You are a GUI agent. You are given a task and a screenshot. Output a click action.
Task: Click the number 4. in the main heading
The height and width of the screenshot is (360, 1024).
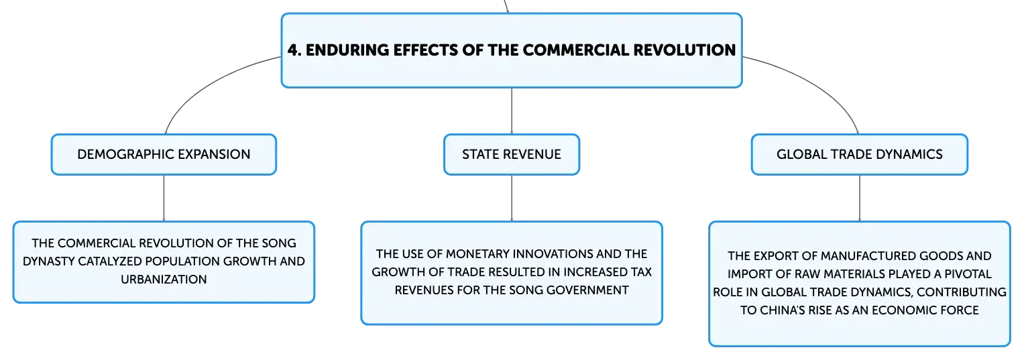pos(294,50)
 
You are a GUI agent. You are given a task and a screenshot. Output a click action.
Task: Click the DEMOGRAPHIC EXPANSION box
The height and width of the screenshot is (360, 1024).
pos(164,154)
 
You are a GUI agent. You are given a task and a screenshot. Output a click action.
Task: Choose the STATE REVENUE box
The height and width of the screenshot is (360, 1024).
pos(512,154)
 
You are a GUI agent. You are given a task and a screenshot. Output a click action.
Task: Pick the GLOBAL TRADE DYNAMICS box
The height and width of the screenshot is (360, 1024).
pos(860,154)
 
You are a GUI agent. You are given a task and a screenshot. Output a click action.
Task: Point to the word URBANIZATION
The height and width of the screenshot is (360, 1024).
pos(164,279)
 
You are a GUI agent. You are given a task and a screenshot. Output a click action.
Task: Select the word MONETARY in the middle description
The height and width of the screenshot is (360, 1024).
pos(475,254)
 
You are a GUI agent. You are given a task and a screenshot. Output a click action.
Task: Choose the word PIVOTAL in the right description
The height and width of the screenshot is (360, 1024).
pos(968,274)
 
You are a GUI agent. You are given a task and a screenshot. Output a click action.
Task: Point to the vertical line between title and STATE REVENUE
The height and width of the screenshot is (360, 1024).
pos(512,111)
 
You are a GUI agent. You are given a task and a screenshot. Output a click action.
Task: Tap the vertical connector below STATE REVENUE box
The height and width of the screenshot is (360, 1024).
pos(512,198)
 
